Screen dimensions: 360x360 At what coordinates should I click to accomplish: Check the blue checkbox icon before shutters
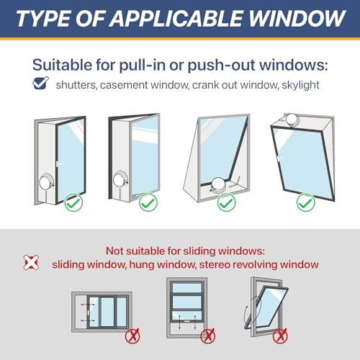point(41,84)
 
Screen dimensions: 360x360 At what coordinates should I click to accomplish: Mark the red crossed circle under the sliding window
point(132,336)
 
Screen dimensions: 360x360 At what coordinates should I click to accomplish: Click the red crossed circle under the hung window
point(207,335)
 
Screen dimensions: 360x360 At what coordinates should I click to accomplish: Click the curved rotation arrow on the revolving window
point(248,315)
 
